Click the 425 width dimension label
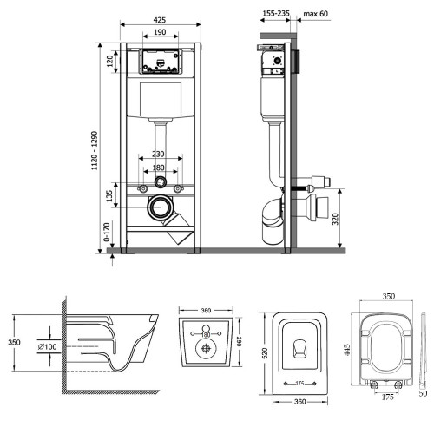point(160,20)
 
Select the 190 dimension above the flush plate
point(160,32)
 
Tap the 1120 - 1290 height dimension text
point(95,150)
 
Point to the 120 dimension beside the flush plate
point(109,62)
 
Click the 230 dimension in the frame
point(158,155)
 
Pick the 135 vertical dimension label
point(109,196)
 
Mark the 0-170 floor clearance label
point(107,232)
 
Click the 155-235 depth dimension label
point(276,13)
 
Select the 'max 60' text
point(316,14)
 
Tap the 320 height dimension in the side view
point(335,219)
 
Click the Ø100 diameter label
point(48,346)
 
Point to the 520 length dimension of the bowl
point(265,353)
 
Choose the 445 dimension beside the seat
point(347,350)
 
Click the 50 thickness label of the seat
point(423,393)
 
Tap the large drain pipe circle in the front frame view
point(159,207)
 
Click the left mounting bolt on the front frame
point(142,189)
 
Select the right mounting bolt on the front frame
point(178,189)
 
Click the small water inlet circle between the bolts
point(161,182)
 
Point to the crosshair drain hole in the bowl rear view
point(206,348)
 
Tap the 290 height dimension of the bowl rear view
point(239,341)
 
